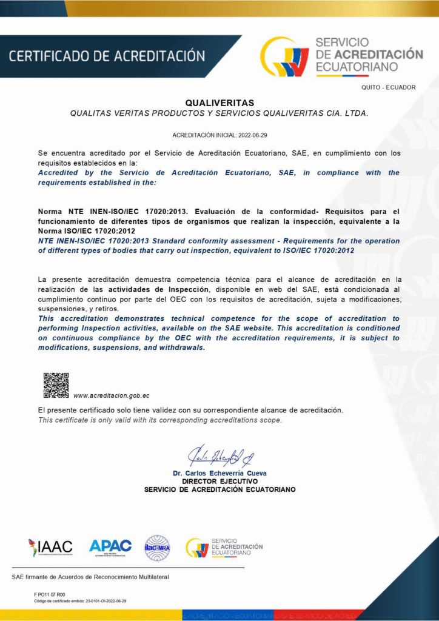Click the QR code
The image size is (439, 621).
tap(56, 386)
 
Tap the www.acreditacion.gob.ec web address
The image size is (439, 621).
tap(112, 395)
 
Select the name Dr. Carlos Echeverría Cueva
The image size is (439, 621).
tap(219, 473)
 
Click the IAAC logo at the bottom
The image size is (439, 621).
tap(50, 547)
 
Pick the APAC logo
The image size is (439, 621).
tap(110, 547)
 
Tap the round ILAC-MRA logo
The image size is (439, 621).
tap(157, 548)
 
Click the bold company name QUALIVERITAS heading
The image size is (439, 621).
tap(219, 102)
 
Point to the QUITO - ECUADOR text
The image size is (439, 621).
tap(388, 87)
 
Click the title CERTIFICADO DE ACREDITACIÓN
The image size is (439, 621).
tap(107, 56)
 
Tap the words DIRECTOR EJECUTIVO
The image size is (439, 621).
tap(219, 481)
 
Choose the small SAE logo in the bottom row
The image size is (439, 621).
tap(224, 547)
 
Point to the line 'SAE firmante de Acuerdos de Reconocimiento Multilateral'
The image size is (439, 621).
tap(90, 576)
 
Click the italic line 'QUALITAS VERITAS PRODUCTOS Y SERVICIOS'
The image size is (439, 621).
tap(219, 113)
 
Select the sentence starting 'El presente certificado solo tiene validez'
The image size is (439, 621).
tap(190, 411)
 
